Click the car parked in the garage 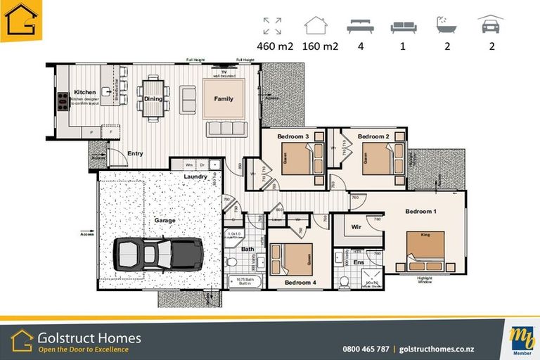coord(158,253)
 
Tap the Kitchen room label coord(84,92)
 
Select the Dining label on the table coord(153,99)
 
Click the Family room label coord(224,99)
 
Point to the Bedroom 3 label coord(293,136)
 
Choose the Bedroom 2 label coord(373,136)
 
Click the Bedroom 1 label coord(420,211)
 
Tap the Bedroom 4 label coord(300,283)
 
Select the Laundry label coord(195,176)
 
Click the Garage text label coord(165,220)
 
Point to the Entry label coord(135,153)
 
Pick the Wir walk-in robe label coord(356,226)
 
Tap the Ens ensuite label coord(358,262)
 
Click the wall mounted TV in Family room coord(224,72)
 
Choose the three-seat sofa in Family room coord(224,128)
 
